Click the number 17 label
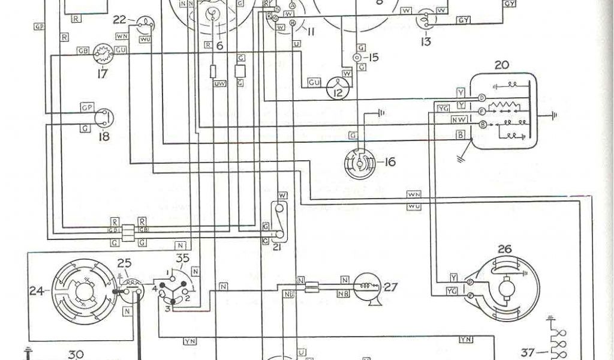tap(101, 74)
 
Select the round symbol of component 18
tap(103, 116)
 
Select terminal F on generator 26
tap(471, 295)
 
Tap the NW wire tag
tap(459, 119)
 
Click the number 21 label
tap(276, 247)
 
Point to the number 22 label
tap(120, 20)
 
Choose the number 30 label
tap(77, 354)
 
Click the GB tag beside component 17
tap(83, 52)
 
